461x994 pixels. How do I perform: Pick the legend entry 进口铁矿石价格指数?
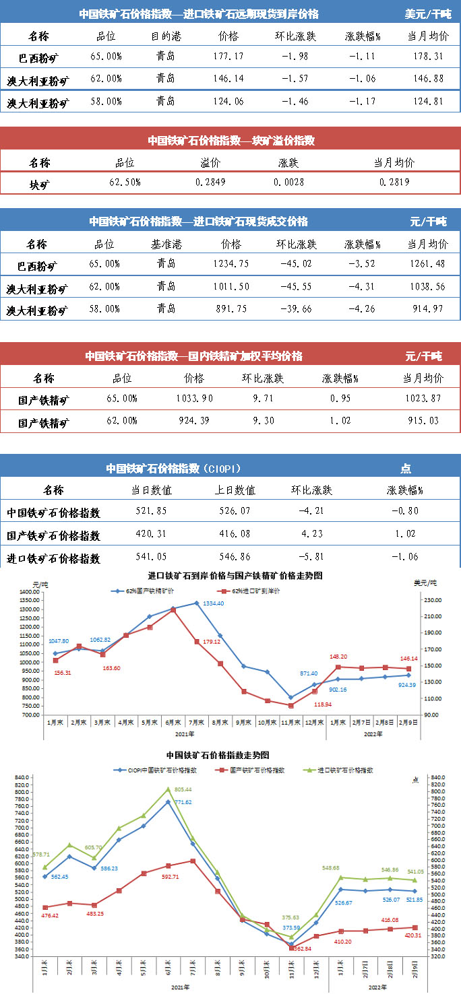[345, 769]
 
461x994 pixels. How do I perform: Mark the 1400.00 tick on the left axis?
[28, 592]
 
